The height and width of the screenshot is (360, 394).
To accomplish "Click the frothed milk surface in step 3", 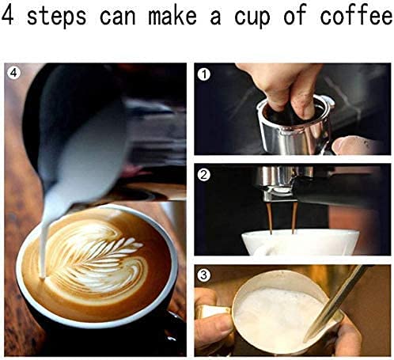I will click(273, 313).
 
